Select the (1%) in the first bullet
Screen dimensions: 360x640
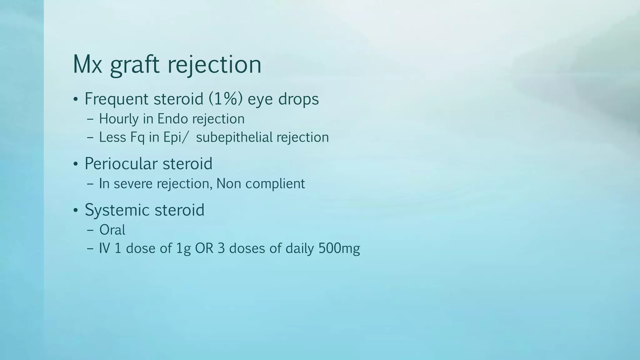pyautogui.click(x=225, y=99)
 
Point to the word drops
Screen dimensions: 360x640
pyautogui.click(x=298, y=99)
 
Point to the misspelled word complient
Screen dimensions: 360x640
pyautogui.click(x=275, y=184)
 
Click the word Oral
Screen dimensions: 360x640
pyautogui.click(x=112, y=230)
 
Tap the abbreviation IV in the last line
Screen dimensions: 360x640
pyautogui.click(x=104, y=248)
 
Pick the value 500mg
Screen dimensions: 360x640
pyautogui.click(x=339, y=248)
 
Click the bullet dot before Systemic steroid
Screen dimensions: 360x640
pyautogui.click(x=76, y=210)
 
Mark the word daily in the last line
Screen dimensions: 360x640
pyautogui.click(x=300, y=248)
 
